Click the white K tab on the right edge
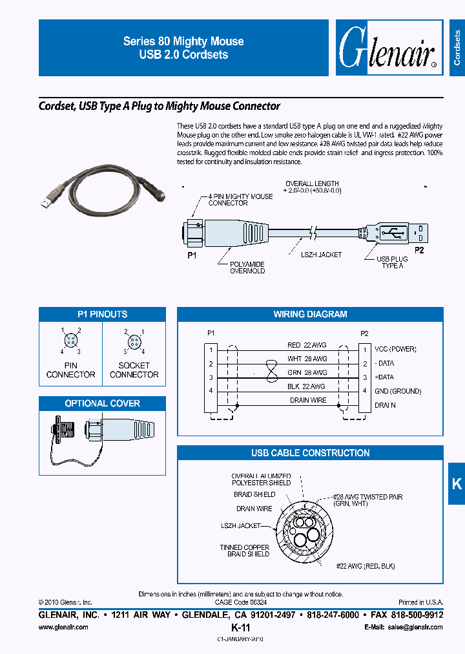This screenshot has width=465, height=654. pyautogui.click(x=456, y=483)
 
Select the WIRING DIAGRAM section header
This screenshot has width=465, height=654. pyautogui.click(x=310, y=315)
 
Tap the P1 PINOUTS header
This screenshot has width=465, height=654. pyautogui.click(x=102, y=315)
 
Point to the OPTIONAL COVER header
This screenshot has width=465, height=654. pyautogui.click(x=102, y=404)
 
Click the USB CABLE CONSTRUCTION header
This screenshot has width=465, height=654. pyautogui.click(x=310, y=453)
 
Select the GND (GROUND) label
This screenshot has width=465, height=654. pyautogui.click(x=397, y=391)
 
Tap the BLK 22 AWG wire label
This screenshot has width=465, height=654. pyautogui.click(x=307, y=386)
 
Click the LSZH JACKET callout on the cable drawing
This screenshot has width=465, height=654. pyautogui.click(x=321, y=255)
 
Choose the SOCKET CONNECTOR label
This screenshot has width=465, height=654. pyautogui.click(x=134, y=370)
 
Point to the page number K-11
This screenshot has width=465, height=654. pyautogui.click(x=240, y=628)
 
